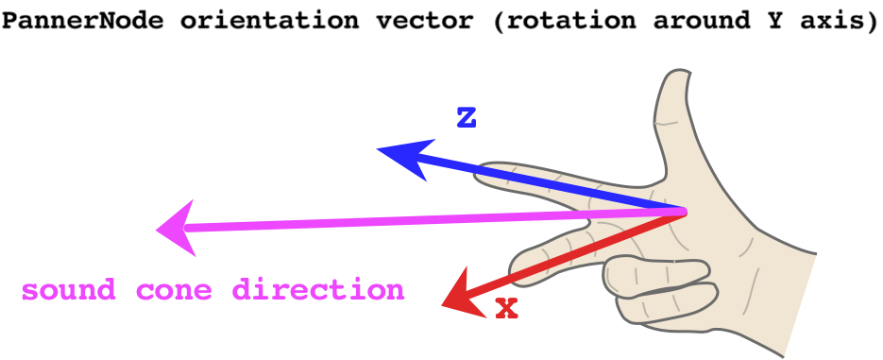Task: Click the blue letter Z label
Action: (466, 118)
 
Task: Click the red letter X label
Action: (507, 308)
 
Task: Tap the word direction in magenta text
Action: (319, 290)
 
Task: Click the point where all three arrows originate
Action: (682, 212)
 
